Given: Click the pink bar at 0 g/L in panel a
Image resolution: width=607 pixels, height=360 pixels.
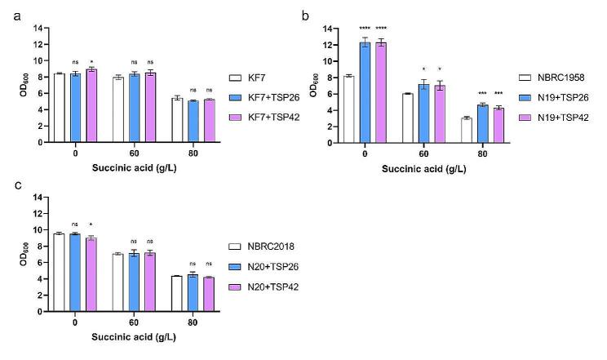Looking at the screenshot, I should click(91, 105).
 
